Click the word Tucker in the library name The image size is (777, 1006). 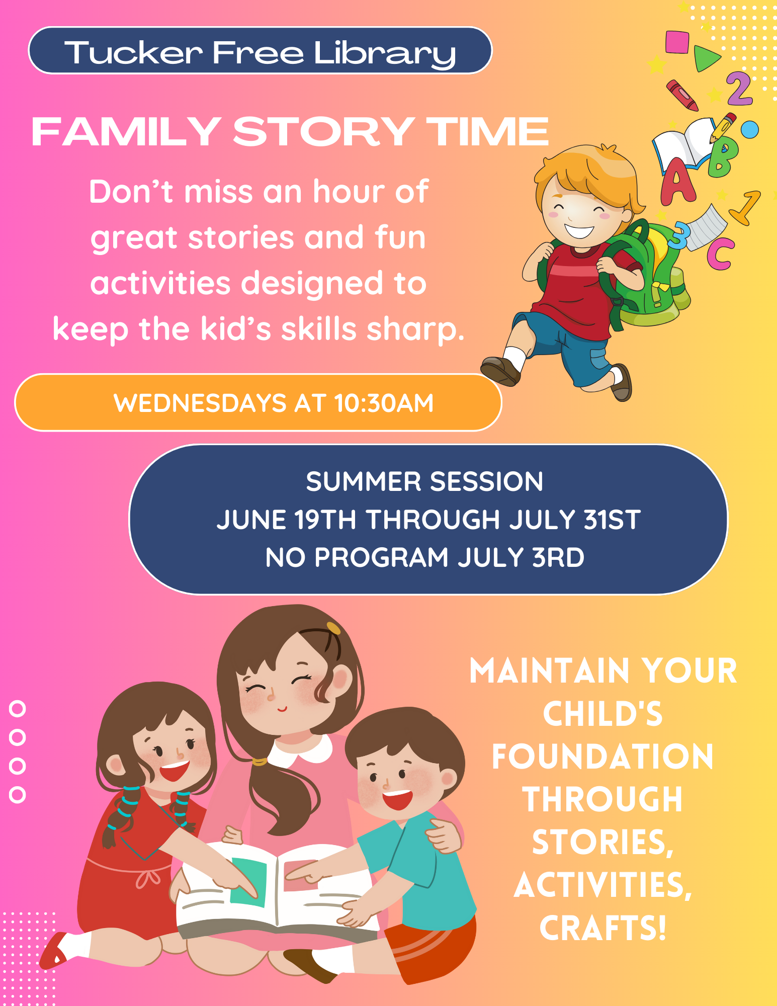coord(134,52)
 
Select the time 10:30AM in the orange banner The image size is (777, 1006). coord(384,403)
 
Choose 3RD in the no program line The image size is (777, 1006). coord(558,557)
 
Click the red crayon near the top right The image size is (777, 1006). coord(682,95)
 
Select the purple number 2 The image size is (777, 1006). coord(739,89)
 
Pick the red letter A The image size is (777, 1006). coord(677,182)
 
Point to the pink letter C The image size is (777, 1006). coord(720,254)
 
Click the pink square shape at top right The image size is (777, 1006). coord(677,42)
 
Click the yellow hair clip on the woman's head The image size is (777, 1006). coord(333,628)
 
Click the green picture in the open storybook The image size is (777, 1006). coord(248,882)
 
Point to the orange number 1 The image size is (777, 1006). coord(745,207)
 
